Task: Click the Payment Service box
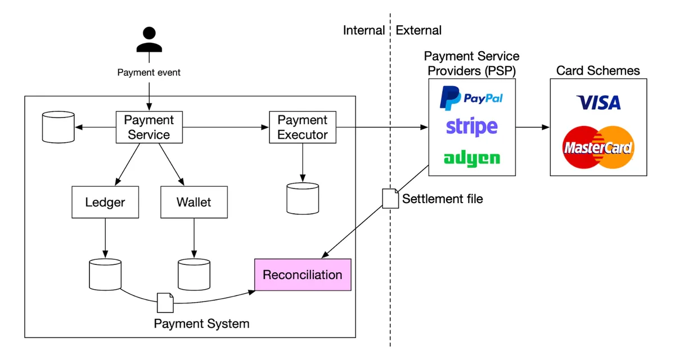pyautogui.click(x=149, y=127)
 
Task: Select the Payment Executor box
pyautogui.click(x=303, y=127)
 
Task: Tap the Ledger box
pyautogui.click(x=105, y=202)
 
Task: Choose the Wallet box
pyautogui.click(x=194, y=202)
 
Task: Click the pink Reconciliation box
pyautogui.click(x=303, y=274)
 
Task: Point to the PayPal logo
pyautogui.click(x=471, y=98)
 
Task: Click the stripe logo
pyautogui.click(x=472, y=127)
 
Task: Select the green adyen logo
pyautogui.click(x=472, y=159)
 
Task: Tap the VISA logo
pyautogui.click(x=598, y=102)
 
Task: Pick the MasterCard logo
pyautogui.click(x=598, y=147)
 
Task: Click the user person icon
pyautogui.click(x=149, y=39)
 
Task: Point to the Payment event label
pyautogui.click(x=149, y=73)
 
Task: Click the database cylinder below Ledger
pyautogui.click(x=105, y=274)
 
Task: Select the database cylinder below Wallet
pyautogui.click(x=194, y=274)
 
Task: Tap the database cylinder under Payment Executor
pyautogui.click(x=303, y=199)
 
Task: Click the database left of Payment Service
pyautogui.click(x=58, y=127)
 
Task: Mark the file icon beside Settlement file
pyautogui.click(x=390, y=199)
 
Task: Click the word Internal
pyautogui.click(x=364, y=30)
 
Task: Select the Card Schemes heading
pyautogui.click(x=598, y=71)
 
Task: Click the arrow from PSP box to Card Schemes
pyautogui.click(x=533, y=127)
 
